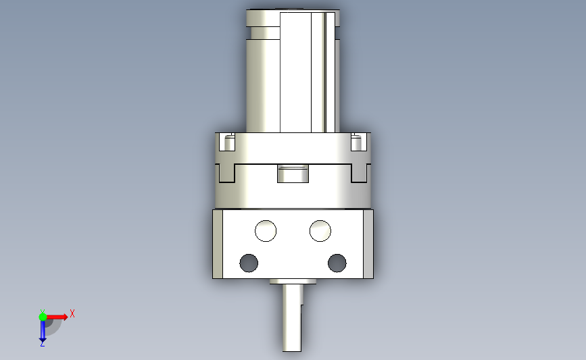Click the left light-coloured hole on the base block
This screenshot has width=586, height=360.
pyautogui.click(x=266, y=231)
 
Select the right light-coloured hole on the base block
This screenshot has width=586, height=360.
pyautogui.click(x=320, y=231)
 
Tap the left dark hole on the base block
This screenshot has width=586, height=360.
pyautogui.click(x=249, y=263)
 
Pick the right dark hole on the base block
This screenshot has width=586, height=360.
pyautogui.click(x=337, y=263)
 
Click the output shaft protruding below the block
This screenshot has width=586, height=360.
pyautogui.click(x=292, y=317)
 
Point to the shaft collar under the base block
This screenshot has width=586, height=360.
pyautogui.click(x=293, y=281)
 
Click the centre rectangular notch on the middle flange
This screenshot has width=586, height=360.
pyautogui.click(x=293, y=174)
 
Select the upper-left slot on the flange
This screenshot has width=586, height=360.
pyautogui.click(x=227, y=142)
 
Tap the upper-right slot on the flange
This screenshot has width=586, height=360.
pyautogui.click(x=359, y=142)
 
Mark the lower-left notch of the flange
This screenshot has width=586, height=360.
pyautogui.click(x=227, y=174)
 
